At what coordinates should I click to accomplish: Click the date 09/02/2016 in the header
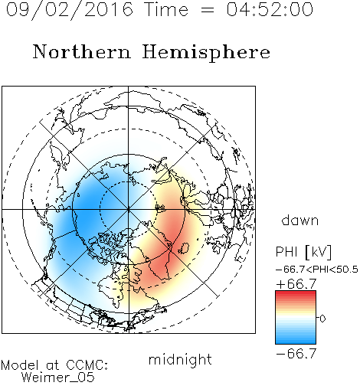(x=70, y=10)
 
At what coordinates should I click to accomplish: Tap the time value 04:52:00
(x=270, y=9)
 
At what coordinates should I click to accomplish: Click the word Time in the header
(x=166, y=9)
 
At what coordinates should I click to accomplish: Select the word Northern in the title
(x=82, y=51)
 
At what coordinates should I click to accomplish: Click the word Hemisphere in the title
(x=206, y=53)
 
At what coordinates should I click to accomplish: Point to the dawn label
(x=300, y=221)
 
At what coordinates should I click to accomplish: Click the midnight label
(x=180, y=359)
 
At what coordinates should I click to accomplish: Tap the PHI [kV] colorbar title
(x=303, y=252)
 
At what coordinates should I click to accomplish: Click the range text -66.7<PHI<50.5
(x=317, y=270)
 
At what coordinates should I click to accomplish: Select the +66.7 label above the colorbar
(x=296, y=284)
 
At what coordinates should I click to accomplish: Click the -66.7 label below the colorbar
(x=296, y=354)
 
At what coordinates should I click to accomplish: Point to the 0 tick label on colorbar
(x=322, y=319)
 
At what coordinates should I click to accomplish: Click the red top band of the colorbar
(x=296, y=294)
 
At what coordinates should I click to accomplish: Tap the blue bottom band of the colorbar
(x=296, y=341)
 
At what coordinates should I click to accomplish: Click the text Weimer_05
(x=58, y=378)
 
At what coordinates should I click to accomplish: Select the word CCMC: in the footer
(x=87, y=365)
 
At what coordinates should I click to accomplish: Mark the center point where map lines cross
(x=129, y=209)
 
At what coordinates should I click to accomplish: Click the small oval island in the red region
(x=183, y=247)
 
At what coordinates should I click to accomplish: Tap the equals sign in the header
(x=208, y=10)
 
